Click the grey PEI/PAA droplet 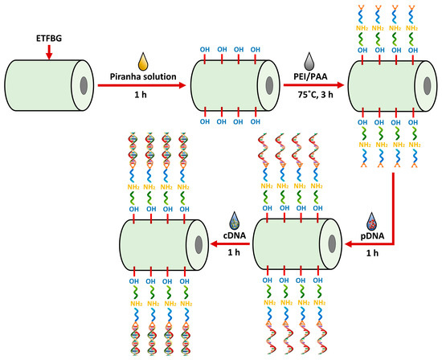(x=309, y=61)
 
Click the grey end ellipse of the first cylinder (x=108, y=88)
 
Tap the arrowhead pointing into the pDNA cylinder (x=350, y=247)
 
